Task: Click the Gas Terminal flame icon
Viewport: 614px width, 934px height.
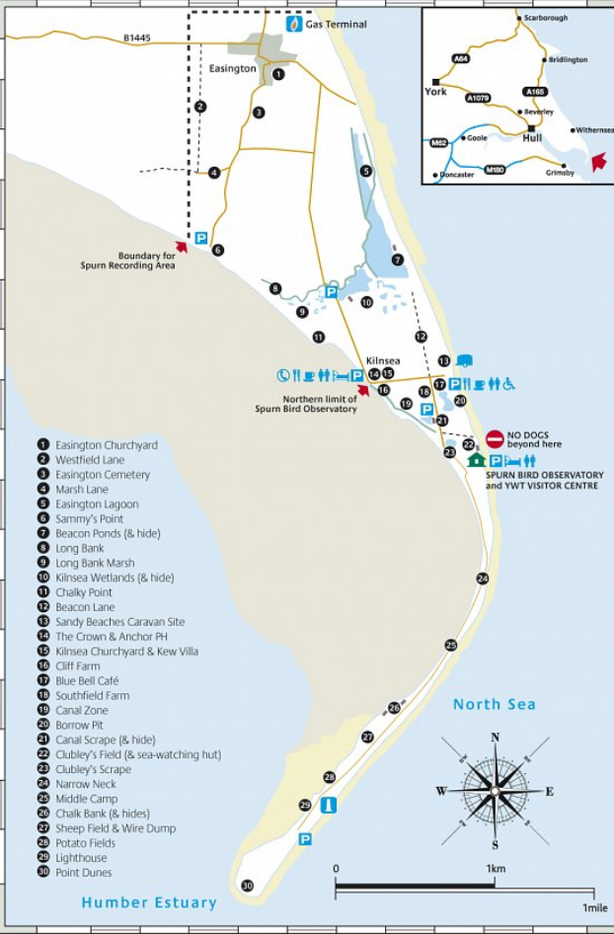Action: (293, 24)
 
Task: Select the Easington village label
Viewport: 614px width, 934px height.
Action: (233, 69)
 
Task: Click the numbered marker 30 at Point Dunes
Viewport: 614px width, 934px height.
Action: (247, 886)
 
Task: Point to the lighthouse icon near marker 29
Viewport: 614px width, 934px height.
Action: (329, 806)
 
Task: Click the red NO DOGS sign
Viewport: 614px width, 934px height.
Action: (495, 438)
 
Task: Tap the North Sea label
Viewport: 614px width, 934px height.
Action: (494, 704)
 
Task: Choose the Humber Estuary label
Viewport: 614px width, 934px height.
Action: (149, 902)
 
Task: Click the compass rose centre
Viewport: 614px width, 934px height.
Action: (495, 791)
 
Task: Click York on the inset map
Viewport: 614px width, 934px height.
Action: (436, 91)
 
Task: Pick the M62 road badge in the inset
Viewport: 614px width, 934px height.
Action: (439, 143)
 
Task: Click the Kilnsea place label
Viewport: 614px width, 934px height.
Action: (381, 360)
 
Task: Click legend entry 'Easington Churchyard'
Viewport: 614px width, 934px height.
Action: (107, 445)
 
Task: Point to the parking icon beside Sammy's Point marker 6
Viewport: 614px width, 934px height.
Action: (200, 238)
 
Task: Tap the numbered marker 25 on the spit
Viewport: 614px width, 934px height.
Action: (451, 645)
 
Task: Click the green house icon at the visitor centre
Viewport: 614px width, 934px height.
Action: (476, 460)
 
